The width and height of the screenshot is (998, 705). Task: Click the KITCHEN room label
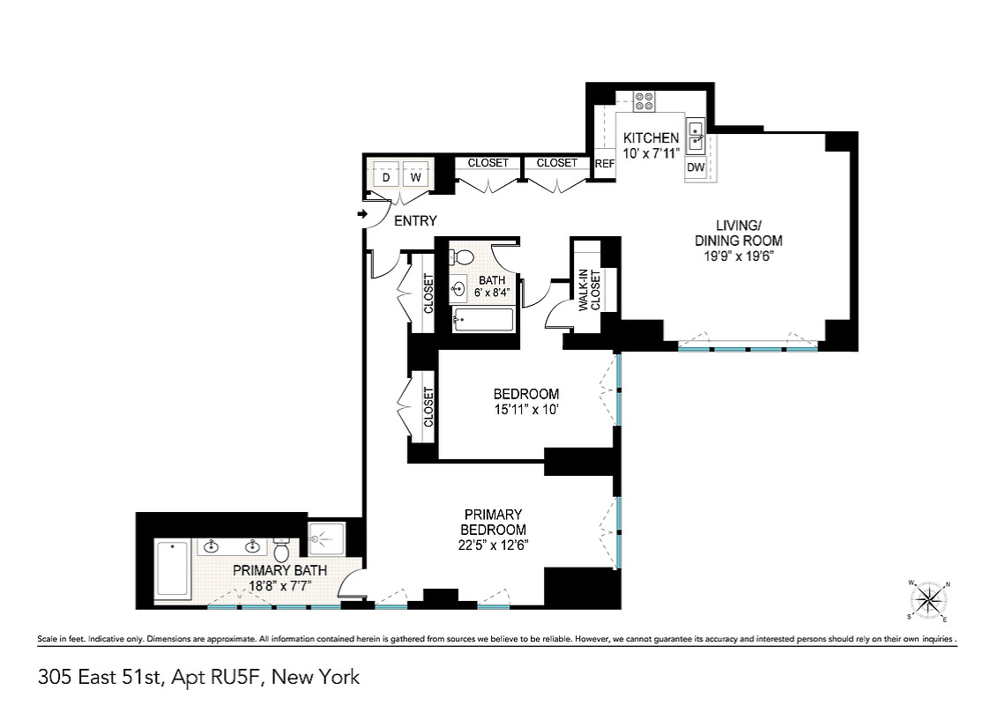point(651,137)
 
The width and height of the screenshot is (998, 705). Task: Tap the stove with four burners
point(644,101)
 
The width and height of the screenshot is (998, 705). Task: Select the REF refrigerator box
point(605,164)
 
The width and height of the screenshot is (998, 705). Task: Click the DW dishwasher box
point(696,168)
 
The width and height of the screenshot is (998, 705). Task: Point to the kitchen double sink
point(696,136)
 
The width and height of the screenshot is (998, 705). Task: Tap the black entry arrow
point(363,214)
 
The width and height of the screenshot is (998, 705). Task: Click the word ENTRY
point(415,221)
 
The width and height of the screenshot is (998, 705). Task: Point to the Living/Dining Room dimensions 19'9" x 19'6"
point(738,256)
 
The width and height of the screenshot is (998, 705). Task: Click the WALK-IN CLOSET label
point(590,291)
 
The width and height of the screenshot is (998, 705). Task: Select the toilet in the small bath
point(462,257)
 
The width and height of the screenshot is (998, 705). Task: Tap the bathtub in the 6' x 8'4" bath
point(483,320)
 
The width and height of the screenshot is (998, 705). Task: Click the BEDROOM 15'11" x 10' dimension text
point(525,409)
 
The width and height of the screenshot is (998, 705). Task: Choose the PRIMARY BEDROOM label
point(494,522)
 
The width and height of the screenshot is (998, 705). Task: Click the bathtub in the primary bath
point(173,568)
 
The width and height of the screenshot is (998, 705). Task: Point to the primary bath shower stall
point(326,539)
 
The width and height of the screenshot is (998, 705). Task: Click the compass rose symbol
point(928,600)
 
